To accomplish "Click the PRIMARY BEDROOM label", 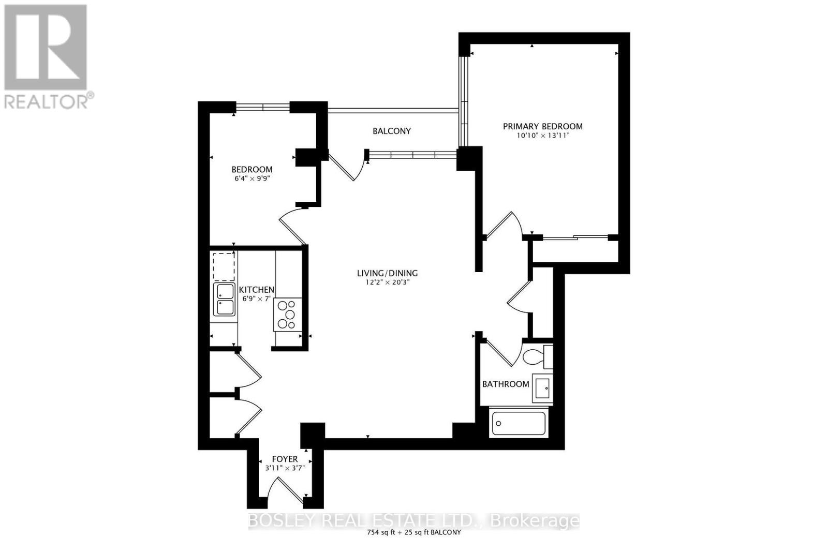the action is [543, 126].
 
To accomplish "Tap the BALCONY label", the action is [391, 131].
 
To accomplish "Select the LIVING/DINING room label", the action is [387, 274].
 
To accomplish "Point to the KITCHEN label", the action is [257, 290].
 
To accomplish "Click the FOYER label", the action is [285, 459].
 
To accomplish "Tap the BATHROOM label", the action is [506, 384].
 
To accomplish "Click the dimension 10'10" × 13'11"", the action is [543, 136].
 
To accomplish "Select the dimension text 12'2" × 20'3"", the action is [387, 282].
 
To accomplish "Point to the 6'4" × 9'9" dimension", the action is [252, 178].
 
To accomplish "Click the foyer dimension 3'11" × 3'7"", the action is [285, 468].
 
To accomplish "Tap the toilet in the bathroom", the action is [538, 357].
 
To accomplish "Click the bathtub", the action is [519, 423].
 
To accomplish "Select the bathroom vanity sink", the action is [542, 388].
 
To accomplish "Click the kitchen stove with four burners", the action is [288, 315].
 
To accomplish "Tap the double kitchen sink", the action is [224, 300].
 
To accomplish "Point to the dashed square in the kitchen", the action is [224, 267].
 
